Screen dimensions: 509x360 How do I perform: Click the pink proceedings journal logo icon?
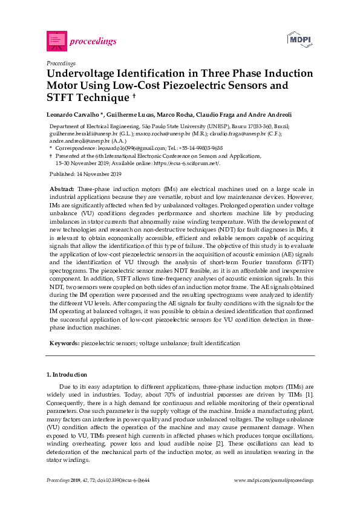(56, 41)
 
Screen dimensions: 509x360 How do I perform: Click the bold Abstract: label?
(62, 189)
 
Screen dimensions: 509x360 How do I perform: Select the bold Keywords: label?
(64, 343)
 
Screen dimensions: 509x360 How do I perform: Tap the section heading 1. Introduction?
(67, 375)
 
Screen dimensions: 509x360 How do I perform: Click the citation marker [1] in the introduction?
(310, 394)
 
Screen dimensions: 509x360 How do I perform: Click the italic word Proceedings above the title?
(61, 63)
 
